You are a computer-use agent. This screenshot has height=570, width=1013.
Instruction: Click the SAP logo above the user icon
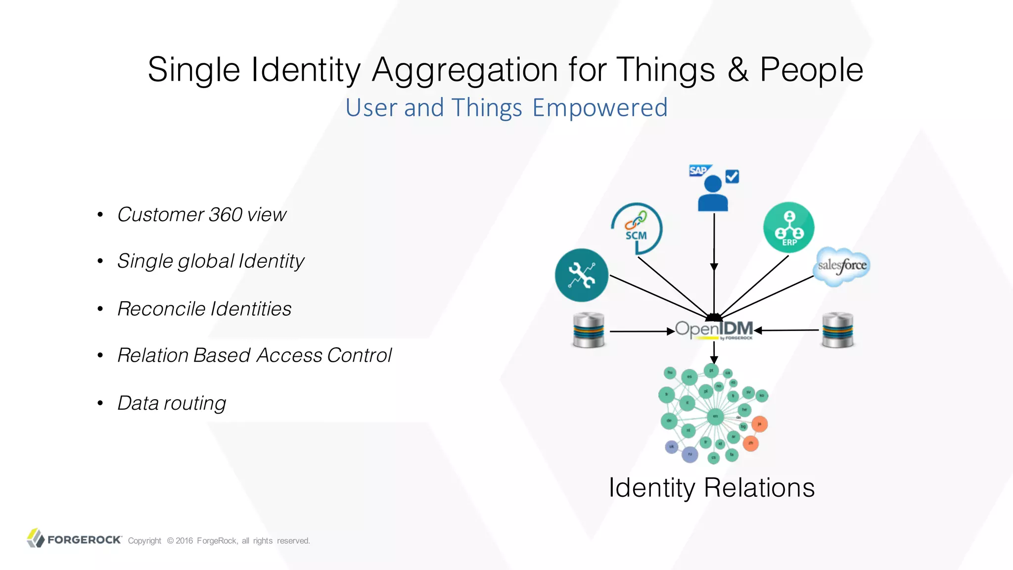tap(699, 171)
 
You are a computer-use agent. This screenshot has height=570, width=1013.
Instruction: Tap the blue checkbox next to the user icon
tap(732, 177)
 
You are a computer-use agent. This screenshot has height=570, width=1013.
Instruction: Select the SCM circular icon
tap(637, 228)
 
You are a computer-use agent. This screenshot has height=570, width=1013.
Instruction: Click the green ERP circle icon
tap(788, 228)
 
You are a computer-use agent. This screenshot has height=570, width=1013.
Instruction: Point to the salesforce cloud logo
tap(841, 266)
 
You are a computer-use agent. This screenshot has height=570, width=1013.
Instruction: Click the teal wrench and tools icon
tap(581, 275)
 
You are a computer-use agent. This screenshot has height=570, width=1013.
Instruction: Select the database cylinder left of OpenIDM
tap(588, 330)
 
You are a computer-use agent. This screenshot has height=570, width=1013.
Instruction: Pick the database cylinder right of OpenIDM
tap(837, 330)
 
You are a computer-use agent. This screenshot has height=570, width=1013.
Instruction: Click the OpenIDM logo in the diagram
tap(714, 330)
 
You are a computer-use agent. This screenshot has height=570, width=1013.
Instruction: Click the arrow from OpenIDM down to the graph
tap(714, 353)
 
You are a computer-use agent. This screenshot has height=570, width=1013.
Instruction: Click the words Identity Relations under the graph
tap(711, 488)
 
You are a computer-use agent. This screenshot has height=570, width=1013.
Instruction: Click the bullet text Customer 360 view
tap(202, 215)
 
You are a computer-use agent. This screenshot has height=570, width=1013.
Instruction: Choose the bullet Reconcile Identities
tap(204, 309)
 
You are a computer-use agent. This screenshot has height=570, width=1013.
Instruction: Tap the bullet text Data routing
tap(172, 403)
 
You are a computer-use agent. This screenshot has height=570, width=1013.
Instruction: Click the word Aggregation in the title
tap(465, 69)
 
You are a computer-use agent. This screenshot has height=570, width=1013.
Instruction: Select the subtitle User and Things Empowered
tap(506, 108)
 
